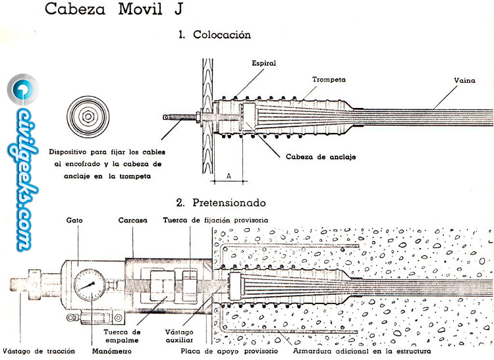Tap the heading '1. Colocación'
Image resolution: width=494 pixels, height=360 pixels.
pos(215,35)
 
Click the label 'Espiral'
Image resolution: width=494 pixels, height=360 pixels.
pos(263,64)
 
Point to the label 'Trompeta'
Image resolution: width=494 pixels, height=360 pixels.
pos(329,79)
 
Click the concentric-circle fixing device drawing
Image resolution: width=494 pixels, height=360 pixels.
pos(86,116)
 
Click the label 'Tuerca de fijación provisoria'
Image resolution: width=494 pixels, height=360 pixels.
pos(215,220)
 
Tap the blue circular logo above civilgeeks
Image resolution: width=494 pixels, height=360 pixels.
pos(22,89)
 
